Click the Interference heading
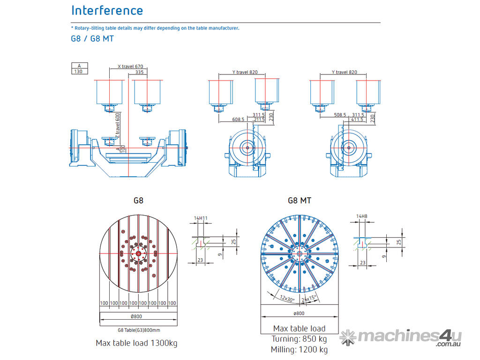[x=107, y=10]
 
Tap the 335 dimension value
[x=139, y=73]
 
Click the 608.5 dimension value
[x=238, y=120]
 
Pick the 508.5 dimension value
[x=340, y=114]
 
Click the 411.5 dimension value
[x=358, y=120]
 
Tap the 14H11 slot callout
[x=200, y=218]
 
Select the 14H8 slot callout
[x=361, y=216]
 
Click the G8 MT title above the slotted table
[x=300, y=200]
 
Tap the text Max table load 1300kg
[x=136, y=343]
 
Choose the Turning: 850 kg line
[x=299, y=339]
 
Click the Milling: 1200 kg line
[x=299, y=349]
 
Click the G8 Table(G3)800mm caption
[x=139, y=330]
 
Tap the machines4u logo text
[x=408, y=336]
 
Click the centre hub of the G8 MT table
[x=299, y=254]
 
